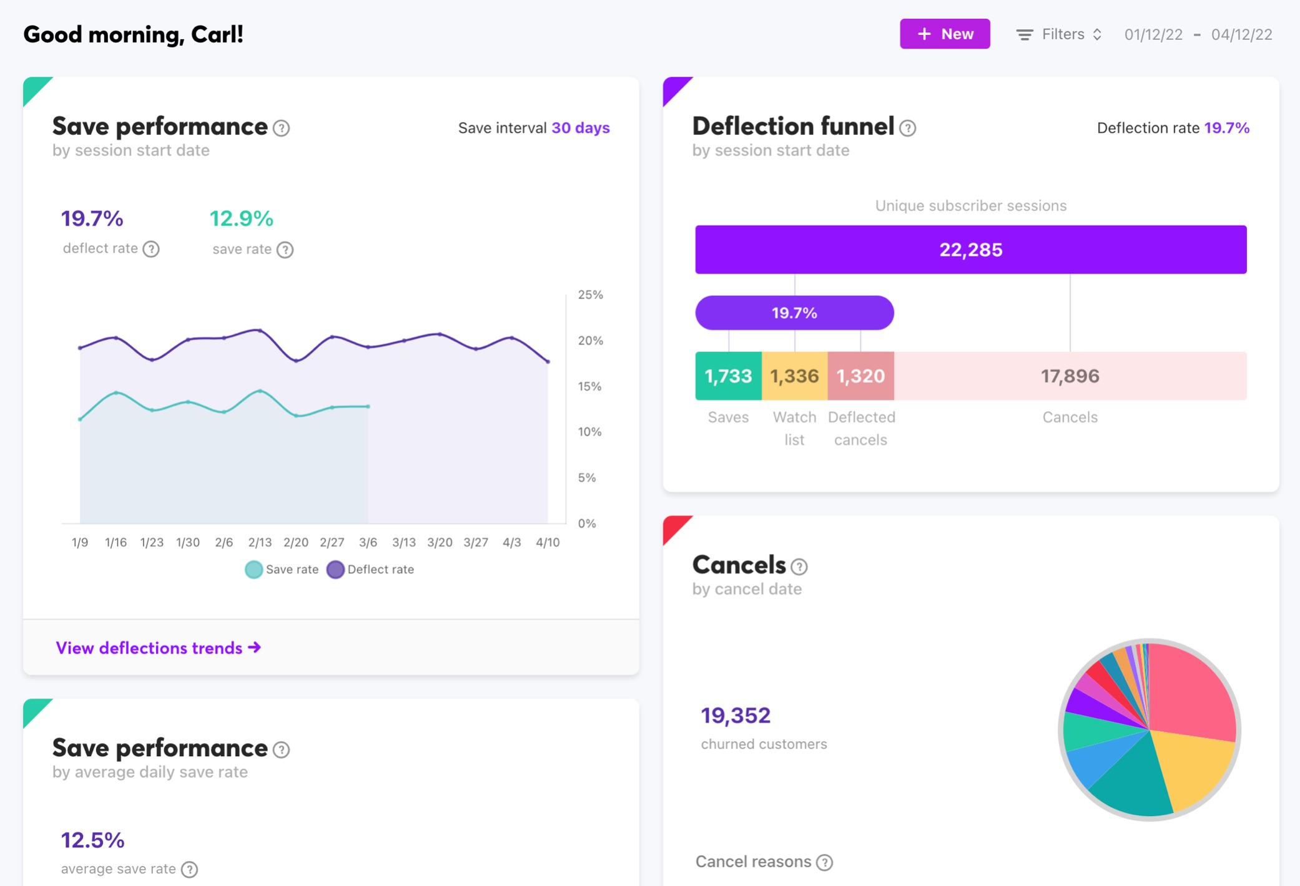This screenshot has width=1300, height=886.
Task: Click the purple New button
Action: tap(944, 34)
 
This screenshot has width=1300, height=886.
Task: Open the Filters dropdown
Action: tap(1059, 34)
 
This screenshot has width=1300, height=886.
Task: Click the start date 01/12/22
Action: tap(1153, 35)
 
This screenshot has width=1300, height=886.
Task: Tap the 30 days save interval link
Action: tap(580, 128)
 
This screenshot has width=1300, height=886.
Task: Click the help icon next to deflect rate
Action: tap(151, 249)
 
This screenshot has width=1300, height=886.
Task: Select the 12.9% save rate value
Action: tap(241, 219)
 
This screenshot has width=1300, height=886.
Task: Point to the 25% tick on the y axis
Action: tap(590, 295)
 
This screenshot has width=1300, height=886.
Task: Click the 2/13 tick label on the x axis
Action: tap(260, 542)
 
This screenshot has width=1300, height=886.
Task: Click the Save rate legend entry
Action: tap(282, 569)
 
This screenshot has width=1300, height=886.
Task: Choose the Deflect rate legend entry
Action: tap(371, 569)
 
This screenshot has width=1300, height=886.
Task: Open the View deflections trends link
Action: tap(158, 648)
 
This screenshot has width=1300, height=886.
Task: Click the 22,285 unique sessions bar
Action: tap(970, 250)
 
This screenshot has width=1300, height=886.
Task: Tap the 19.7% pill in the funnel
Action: tap(794, 313)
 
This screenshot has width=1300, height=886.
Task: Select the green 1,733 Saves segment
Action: tap(728, 376)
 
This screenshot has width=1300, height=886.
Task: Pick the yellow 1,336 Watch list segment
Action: tap(794, 376)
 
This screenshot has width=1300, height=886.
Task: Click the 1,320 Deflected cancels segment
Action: tap(860, 376)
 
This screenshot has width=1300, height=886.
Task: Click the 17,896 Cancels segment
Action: tap(1070, 376)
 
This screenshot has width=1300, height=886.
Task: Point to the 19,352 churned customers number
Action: tap(736, 716)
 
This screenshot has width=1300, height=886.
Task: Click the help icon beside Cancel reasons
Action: tap(824, 862)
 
